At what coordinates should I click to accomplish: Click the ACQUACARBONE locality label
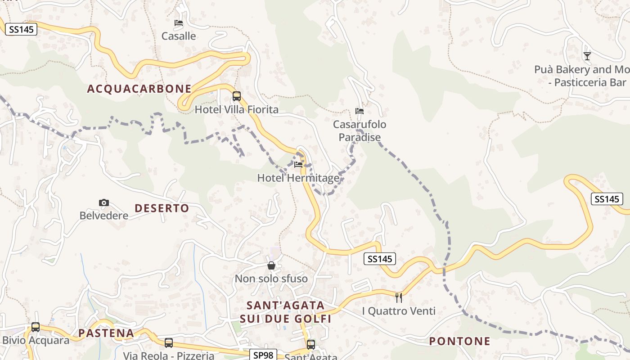[x=139, y=89]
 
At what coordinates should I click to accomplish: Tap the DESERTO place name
[x=162, y=208]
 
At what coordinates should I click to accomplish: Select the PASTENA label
[x=106, y=333]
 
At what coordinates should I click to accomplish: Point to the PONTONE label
[x=459, y=341]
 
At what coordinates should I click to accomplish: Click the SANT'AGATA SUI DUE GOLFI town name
[x=285, y=312]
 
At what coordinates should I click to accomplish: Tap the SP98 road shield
[x=263, y=355]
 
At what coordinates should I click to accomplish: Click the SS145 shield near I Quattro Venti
[x=379, y=259]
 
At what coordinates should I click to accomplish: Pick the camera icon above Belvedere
[x=104, y=203]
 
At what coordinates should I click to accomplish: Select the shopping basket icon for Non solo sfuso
[x=271, y=266]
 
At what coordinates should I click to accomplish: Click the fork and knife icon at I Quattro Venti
[x=399, y=298]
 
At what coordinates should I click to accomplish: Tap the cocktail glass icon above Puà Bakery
[x=587, y=56]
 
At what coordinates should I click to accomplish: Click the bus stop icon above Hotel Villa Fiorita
[x=237, y=96]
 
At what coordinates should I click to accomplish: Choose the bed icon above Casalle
[x=179, y=23]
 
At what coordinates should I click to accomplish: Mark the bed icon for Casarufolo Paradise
[x=360, y=111]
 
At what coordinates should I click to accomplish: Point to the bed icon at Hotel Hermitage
[x=298, y=165]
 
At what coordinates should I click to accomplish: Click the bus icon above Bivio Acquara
[x=36, y=327]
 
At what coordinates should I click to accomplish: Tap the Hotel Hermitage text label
[x=298, y=178]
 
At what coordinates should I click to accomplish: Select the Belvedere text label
[x=104, y=216]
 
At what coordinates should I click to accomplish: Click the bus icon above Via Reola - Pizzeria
[x=169, y=343]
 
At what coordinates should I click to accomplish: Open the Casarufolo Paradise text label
[x=360, y=130]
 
